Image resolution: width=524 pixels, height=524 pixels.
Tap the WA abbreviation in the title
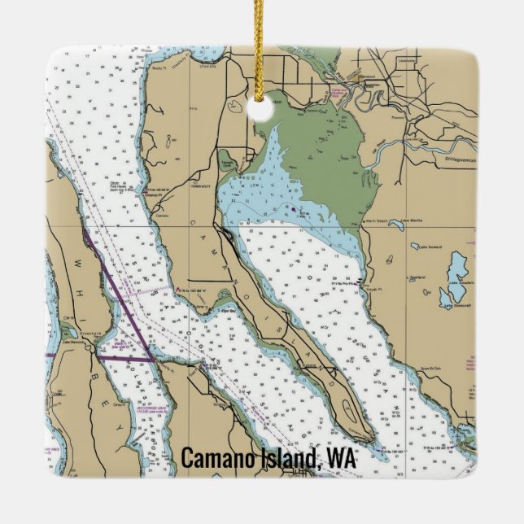point(340,458)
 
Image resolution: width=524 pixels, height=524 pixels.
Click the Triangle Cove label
point(228,161)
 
